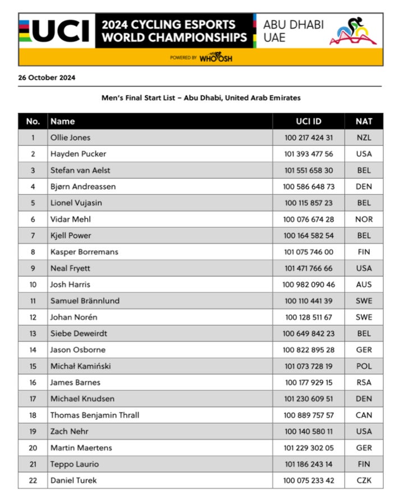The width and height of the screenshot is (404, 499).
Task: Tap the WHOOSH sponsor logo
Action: click(x=215, y=58)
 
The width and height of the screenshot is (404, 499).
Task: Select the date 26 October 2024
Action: click(x=47, y=78)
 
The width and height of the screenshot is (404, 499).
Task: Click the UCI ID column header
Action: click(x=309, y=121)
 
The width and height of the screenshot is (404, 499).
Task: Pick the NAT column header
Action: click(x=364, y=121)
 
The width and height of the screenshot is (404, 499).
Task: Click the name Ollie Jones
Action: click(x=70, y=138)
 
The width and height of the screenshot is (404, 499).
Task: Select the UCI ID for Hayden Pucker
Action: click(x=309, y=154)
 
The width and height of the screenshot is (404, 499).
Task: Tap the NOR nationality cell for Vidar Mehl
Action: click(x=364, y=219)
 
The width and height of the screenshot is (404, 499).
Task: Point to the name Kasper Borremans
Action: click(x=84, y=252)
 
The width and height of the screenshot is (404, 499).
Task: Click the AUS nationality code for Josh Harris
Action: click(x=364, y=285)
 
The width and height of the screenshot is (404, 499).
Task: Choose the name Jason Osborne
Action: click(x=77, y=350)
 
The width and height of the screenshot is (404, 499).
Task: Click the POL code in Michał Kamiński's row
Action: click(x=364, y=367)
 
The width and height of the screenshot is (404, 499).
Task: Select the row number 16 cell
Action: click(x=33, y=383)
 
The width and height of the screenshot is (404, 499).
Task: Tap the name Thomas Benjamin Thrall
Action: click(x=95, y=415)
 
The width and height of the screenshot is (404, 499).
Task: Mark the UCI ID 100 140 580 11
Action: click(x=309, y=432)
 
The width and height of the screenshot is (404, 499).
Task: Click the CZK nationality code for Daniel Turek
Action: click(x=364, y=480)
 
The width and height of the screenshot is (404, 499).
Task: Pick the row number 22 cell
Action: click(x=33, y=480)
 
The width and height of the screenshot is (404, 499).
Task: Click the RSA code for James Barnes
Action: click(x=364, y=383)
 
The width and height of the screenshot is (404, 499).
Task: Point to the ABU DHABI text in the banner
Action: click(x=293, y=25)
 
